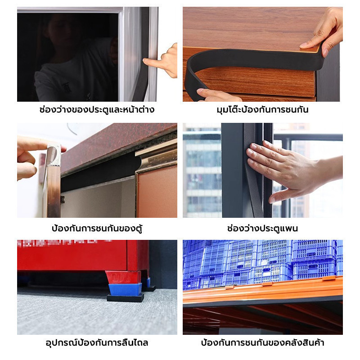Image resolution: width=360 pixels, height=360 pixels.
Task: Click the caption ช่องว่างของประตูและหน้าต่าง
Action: (x=97, y=109)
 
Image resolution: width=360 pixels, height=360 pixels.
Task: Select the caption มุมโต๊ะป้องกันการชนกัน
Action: (x=262, y=109)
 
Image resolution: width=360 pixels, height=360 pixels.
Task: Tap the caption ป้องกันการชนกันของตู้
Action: (x=97, y=228)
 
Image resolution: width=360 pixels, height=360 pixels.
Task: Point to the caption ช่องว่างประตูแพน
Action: (x=262, y=228)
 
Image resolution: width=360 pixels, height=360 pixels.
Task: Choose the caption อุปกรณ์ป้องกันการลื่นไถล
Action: (x=97, y=342)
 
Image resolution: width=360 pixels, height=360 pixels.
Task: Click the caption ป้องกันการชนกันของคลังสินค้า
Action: (x=262, y=342)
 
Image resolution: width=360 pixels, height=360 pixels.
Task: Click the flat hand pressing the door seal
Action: (x=292, y=171)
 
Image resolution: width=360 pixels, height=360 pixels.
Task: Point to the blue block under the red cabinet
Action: (x=125, y=289)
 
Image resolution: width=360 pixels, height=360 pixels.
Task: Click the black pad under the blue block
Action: (x=126, y=298)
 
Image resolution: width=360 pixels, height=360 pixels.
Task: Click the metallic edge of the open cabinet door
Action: (x=53, y=181)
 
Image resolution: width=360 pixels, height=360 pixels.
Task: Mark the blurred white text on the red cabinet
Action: (x=64, y=243)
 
